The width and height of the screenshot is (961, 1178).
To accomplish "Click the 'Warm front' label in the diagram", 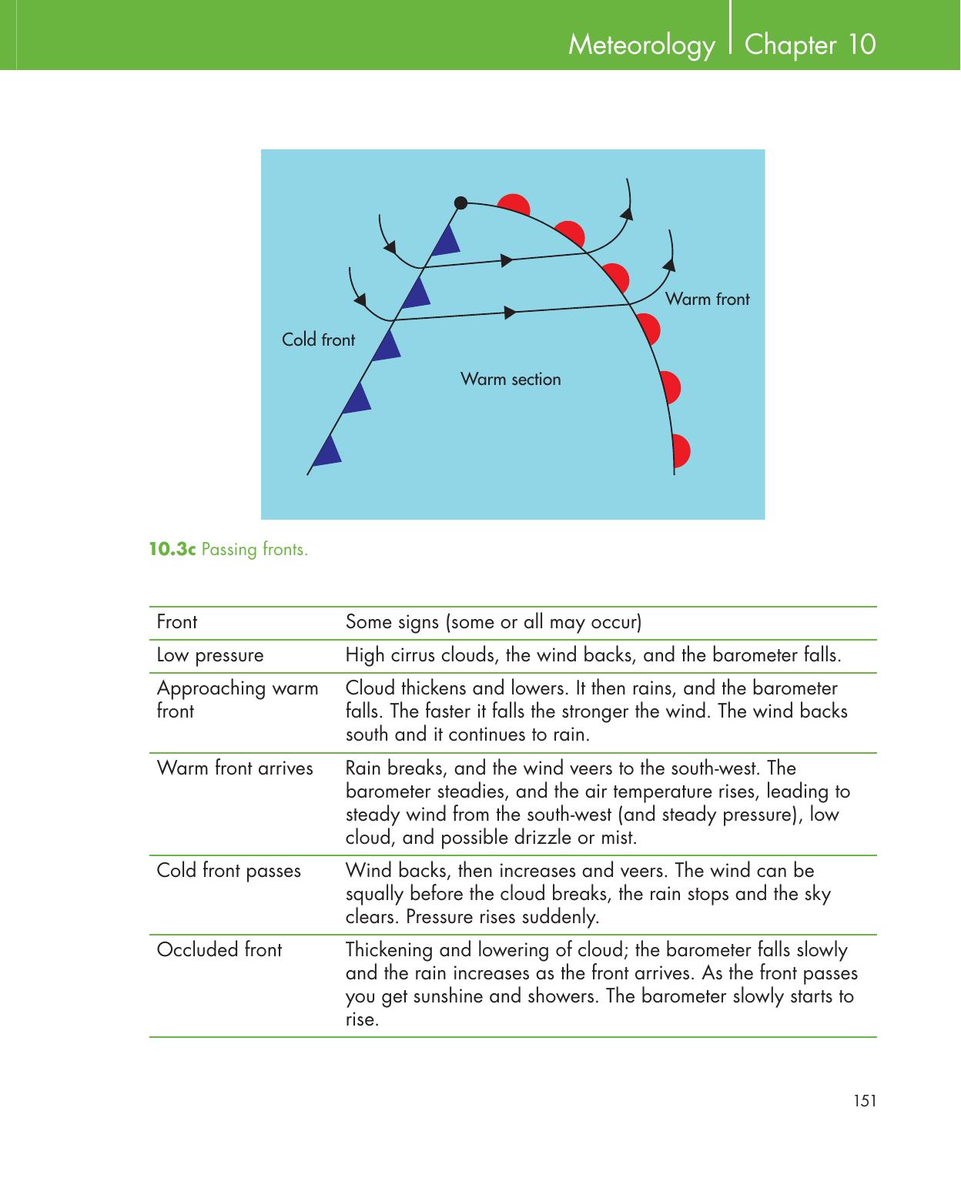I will click(707, 299).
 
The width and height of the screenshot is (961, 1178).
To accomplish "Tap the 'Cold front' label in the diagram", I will click(318, 340).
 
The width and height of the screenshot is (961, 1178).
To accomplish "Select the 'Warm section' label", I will click(511, 379).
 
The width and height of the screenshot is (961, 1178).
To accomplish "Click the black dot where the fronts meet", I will click(460, 203).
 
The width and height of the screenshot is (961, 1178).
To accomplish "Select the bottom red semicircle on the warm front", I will click(681, 451).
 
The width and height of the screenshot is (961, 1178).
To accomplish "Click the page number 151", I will click(865, 1101).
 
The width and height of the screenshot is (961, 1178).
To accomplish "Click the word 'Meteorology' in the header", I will click(641, 45).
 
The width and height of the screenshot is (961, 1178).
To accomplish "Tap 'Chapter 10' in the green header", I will click(810, 45).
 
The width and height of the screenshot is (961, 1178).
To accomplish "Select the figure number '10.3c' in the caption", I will click(172, 549).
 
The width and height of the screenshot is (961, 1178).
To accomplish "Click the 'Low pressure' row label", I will click(210, 655).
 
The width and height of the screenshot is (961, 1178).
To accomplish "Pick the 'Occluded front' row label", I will click(219, 949).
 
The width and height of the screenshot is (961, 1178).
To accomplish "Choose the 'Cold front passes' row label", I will click(229, 870).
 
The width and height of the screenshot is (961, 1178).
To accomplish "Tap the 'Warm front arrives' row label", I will click(235, 768).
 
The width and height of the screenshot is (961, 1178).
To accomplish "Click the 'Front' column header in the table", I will click(177, 621).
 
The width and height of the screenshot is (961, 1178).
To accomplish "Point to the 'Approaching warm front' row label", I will click(237, 698).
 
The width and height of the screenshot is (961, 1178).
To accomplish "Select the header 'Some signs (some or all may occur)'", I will click(494, 621).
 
